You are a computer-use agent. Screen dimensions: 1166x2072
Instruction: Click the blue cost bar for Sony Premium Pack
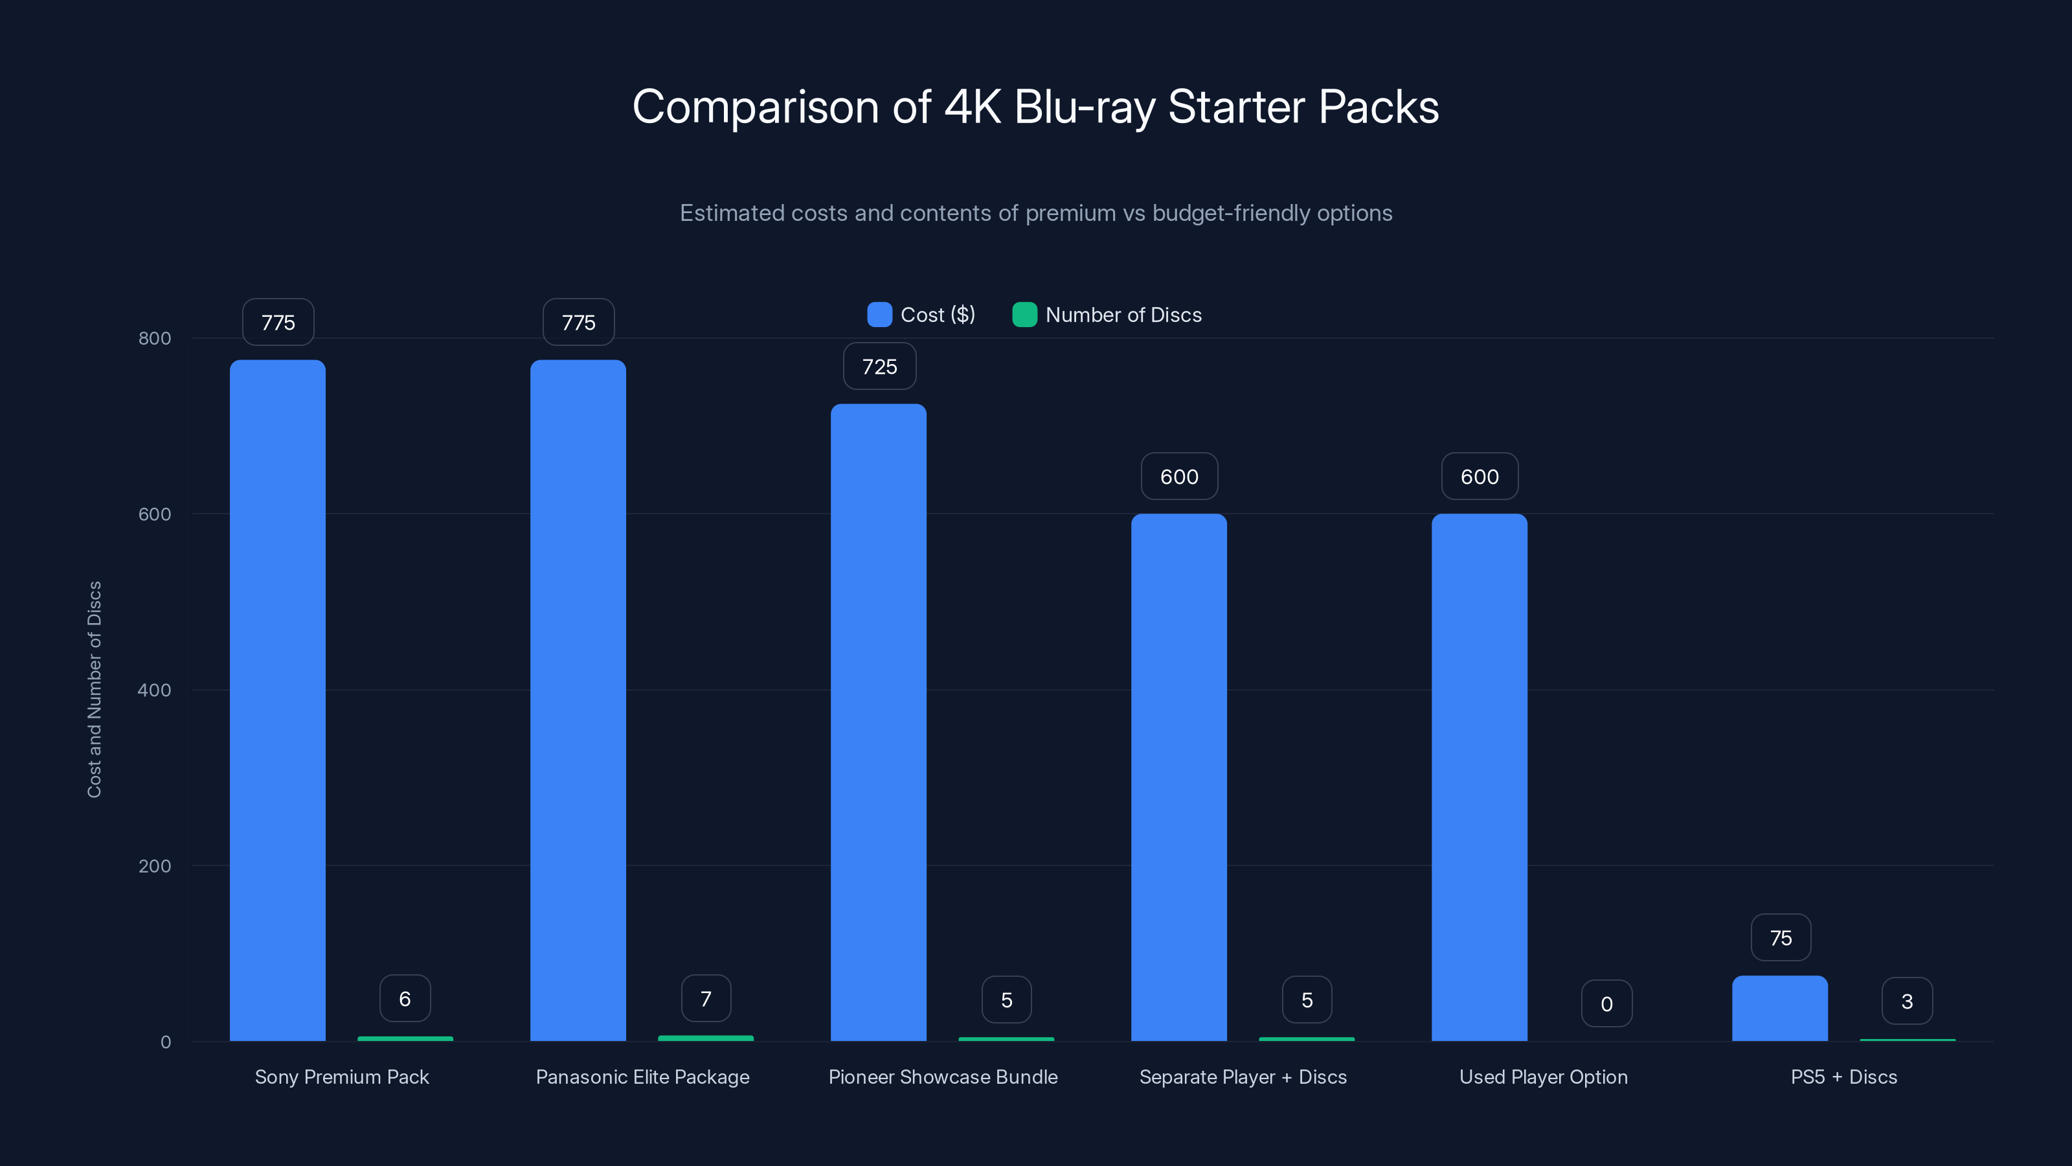(278, 700)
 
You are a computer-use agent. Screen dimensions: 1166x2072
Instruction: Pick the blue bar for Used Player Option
(1479, 777)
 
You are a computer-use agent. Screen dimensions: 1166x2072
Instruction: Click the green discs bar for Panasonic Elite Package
(705, 1038)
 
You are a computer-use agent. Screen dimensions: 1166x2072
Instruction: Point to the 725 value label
(879, 367)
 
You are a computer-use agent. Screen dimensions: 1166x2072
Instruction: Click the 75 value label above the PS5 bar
(1781, 938)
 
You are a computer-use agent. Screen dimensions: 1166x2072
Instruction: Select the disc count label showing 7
(705, 999)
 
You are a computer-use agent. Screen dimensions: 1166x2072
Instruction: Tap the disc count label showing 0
(1606, 1003)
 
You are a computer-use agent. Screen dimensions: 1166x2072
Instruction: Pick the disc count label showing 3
(1906, 1001)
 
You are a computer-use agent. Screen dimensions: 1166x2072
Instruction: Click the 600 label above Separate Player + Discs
(1179, 476)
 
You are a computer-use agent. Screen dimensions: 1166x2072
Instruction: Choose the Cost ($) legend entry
(922, 315)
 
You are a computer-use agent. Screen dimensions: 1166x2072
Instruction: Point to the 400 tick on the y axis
(155, 690)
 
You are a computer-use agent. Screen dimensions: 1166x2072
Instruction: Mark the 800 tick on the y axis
(155, 338)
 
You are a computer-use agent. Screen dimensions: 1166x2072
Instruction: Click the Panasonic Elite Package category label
(642, 1077)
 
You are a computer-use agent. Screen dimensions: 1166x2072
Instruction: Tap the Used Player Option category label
(1543, 1077)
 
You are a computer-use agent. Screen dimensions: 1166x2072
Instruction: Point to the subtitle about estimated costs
(1035, 213)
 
